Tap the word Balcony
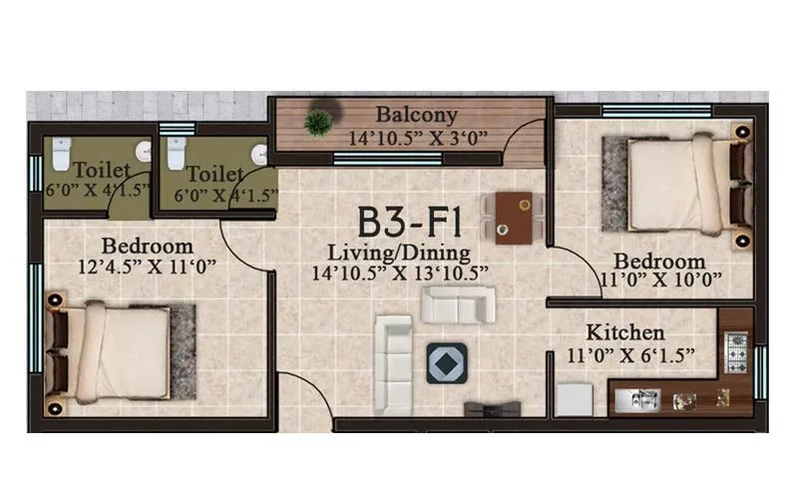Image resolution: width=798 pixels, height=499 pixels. pyautogui.click(x=416, y=114)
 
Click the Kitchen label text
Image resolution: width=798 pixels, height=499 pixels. pyautogui.click(x=625, y=331)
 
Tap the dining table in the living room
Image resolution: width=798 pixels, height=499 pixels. pyautogui.click(x=514, y=218)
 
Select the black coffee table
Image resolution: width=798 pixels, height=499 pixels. pyautogui.click(x=446, y=362)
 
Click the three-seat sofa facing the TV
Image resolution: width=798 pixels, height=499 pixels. pyautogui.click(x=393, y=363)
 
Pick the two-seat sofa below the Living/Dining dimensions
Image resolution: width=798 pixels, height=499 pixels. pyautogui.click(x=458, y=304)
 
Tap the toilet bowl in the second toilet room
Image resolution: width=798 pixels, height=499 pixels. pyautogui.click(x=177, y=153)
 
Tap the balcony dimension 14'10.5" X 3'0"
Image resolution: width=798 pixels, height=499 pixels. pyautogui.click(x=417, y=137)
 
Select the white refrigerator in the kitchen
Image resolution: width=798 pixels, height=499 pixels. pyautogui.click(x=575, y=399)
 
